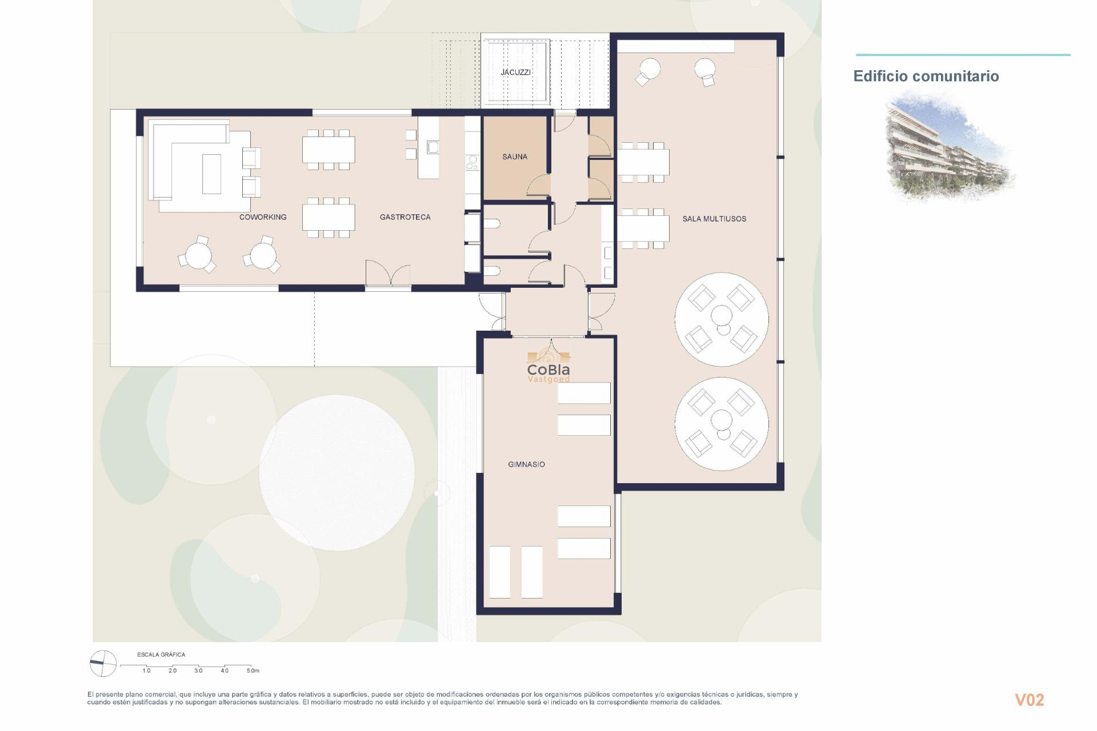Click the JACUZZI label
coord(515,72)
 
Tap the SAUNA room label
coord(514,156)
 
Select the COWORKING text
coord(262,217)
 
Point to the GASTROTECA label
coord(405,217)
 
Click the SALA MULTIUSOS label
coord(714,219)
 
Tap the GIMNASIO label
coord(526,464)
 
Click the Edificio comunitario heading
coord(926,76)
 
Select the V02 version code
coord(1029,700)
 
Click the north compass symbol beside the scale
coord(103,664)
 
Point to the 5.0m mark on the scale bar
coord(253,670)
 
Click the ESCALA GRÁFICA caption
coord(161,654)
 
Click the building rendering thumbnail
coord(948,147)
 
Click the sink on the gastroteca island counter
coord(433,147)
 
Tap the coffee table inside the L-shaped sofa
coord(211,174)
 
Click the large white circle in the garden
coord(337,473)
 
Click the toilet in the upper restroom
coord(493,224)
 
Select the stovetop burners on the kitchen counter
coord(473,163)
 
